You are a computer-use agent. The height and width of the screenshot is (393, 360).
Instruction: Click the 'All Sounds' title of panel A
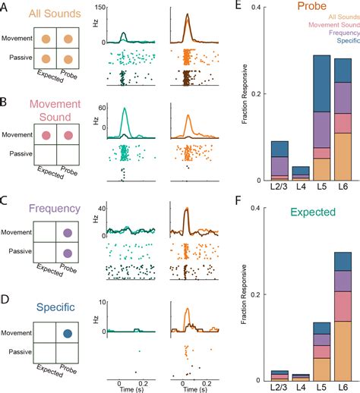[51, 13]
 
